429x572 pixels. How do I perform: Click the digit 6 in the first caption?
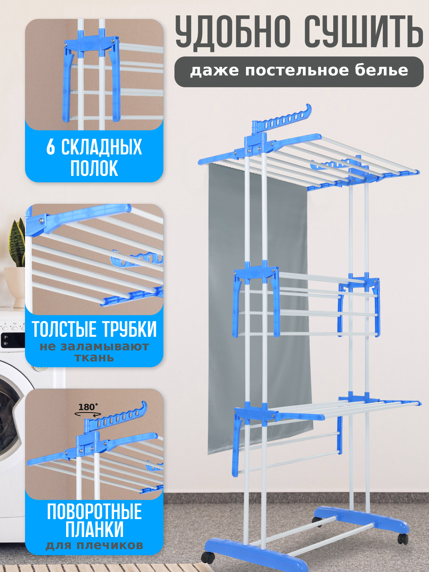click(51, 147)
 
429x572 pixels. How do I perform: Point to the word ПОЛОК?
click(94, 168)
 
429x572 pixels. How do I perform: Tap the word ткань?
click(94, 358)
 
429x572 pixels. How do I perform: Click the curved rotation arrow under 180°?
click(87, 414)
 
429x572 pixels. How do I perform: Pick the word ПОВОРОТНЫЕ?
click(94, 512)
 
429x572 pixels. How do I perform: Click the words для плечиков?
click(94, 546)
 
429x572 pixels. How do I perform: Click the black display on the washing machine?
click(11, 340)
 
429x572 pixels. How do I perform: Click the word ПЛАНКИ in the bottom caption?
click(94, 529)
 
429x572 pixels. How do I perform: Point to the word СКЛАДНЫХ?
click(102, 147)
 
